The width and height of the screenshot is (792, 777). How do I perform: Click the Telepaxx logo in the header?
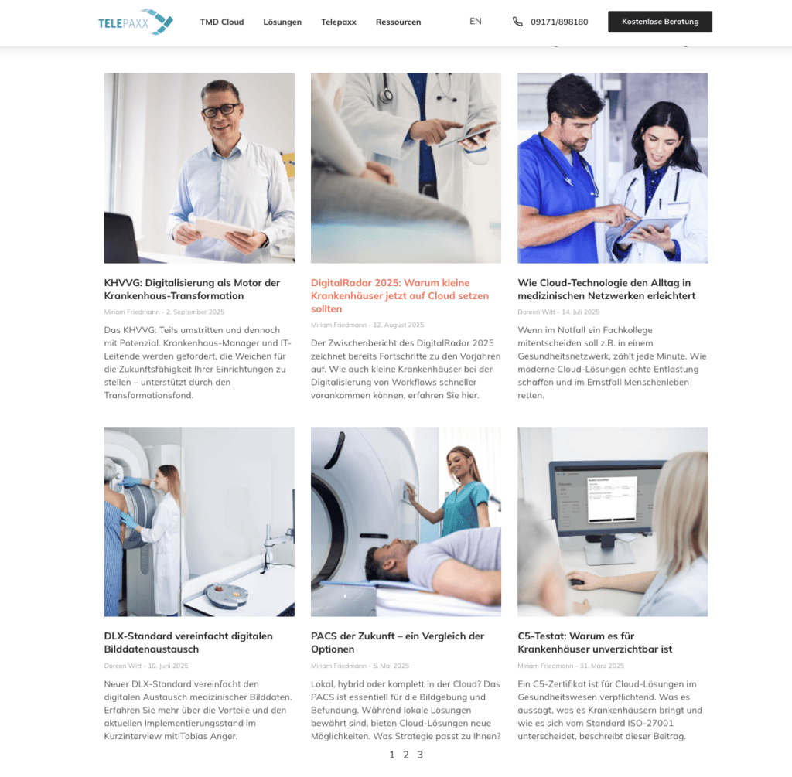click(135, 22)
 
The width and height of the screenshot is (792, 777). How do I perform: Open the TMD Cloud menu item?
click(222, 22)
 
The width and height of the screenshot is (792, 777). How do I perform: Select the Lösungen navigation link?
click(282, 22)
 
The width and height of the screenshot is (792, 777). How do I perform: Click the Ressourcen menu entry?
click(398, 22)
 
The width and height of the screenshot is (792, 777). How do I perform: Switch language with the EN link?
click(476, 21)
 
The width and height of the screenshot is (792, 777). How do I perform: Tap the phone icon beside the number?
click(517, 22)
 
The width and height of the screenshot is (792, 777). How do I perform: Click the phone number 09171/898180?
click(559, 22)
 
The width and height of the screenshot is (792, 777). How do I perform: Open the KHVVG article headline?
click(192, 289)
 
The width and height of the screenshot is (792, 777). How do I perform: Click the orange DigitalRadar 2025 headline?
click(400, 296)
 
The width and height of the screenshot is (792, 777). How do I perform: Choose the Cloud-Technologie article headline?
click(606, 289)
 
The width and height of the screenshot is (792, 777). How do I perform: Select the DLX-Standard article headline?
click(188, 642)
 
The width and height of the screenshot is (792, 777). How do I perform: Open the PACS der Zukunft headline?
click(397, 642)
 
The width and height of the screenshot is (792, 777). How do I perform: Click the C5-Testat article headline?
click(595, 642)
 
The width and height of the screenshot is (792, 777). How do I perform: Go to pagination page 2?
click(405, 755)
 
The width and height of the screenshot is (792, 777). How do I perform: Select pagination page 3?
click(420, 755)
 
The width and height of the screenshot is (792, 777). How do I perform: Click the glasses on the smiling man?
click(220, 110)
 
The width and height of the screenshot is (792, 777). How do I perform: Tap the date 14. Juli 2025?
click(580, 312)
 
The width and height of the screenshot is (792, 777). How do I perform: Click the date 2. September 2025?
click(195, 312)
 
